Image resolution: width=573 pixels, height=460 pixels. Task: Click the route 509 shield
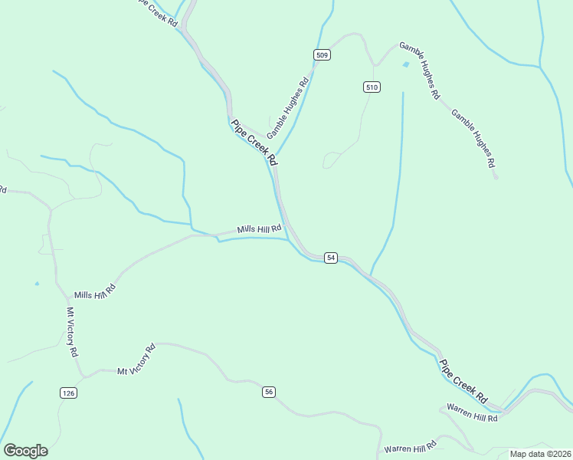pos(322,54)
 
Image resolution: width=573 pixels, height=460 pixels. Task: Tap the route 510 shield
pos(372,87)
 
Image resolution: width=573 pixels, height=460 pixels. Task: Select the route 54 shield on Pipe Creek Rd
pos(330,258)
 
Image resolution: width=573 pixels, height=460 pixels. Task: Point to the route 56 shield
pos(268,392)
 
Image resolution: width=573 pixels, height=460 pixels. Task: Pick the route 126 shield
pos(68,393)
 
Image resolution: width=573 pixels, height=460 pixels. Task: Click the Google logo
pos(25,451)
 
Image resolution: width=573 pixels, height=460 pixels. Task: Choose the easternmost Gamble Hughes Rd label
pos(473,139)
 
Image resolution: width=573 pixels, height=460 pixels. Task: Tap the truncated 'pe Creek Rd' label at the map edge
pos(157,13)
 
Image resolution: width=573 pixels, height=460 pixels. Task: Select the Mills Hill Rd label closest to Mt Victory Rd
pos(94,291)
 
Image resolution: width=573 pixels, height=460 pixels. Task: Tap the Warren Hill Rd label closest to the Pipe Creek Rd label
pos(473,412)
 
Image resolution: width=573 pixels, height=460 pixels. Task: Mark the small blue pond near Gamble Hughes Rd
pos(405,64)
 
